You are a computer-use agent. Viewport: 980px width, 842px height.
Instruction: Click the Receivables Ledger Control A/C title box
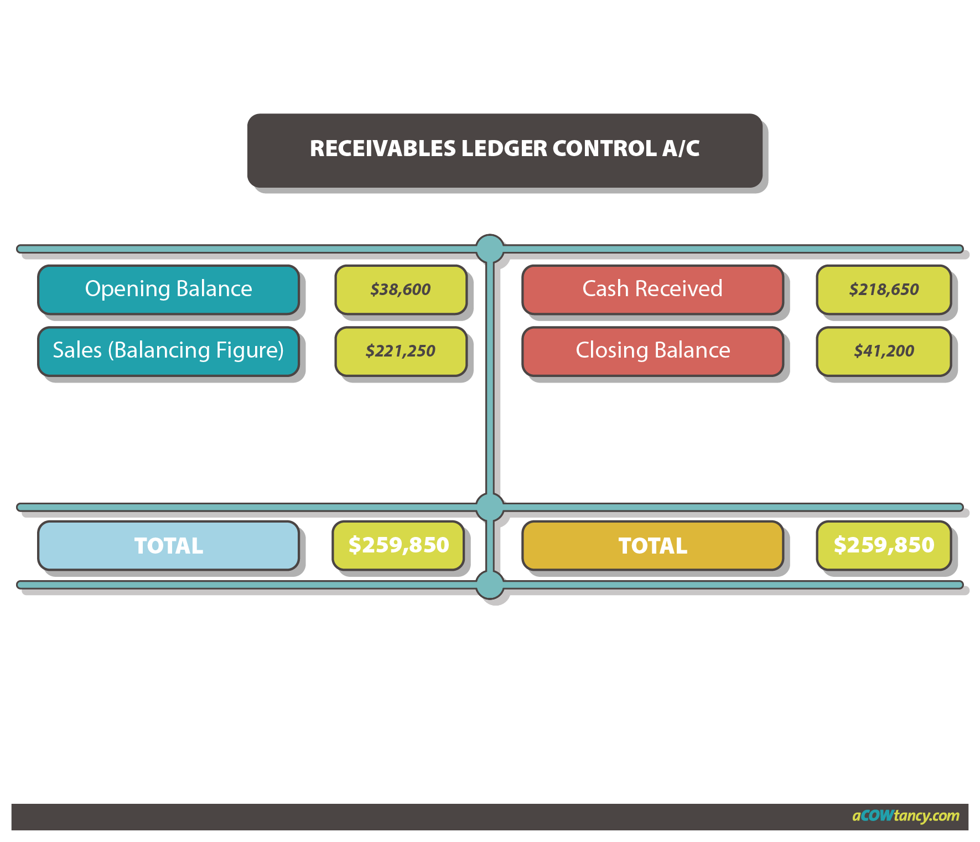coord(504,150)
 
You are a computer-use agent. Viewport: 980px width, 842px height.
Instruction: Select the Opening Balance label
coord(168,289)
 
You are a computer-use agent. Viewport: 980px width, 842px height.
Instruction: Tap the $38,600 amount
coord(401,290)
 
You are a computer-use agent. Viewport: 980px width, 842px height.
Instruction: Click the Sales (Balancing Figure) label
coord(168,350)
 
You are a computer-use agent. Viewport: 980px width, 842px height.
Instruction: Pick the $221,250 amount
coord(401,351)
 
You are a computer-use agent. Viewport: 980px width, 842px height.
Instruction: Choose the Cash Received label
coord(652,289)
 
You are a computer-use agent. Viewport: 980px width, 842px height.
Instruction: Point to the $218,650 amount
coord(884,290)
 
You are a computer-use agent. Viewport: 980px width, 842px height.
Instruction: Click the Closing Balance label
coord(652,350)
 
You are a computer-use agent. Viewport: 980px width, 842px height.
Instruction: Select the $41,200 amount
coord(884,351)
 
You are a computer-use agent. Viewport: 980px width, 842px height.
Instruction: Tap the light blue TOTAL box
coord(168,546)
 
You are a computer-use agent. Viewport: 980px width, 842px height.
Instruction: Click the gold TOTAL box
coord(652,546)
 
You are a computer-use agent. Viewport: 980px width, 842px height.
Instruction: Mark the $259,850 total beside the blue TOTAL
coord(398,545)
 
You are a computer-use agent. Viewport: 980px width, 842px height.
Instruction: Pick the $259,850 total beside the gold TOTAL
coord(884,545)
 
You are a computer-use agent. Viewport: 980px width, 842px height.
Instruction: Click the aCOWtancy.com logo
coord(906,816)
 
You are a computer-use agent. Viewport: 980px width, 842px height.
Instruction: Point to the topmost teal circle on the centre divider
coord(490,248)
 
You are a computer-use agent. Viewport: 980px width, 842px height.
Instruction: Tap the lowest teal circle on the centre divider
coord(490,585)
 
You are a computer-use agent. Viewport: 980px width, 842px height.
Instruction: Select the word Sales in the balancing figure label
coord(77,350)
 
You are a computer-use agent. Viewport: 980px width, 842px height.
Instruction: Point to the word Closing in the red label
coord(611,350)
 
